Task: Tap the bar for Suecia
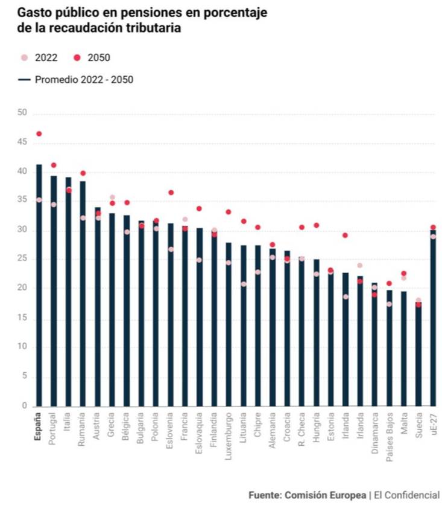[418, 356]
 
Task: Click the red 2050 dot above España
[39, 133]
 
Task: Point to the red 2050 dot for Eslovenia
[171, 193]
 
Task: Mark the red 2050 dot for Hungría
[316, 225]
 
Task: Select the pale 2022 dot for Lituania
[244, 284]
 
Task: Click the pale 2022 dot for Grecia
[112, 197]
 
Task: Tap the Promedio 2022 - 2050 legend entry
[75, 79]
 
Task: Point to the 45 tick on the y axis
[22, 143]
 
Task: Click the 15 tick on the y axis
[22, 318]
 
